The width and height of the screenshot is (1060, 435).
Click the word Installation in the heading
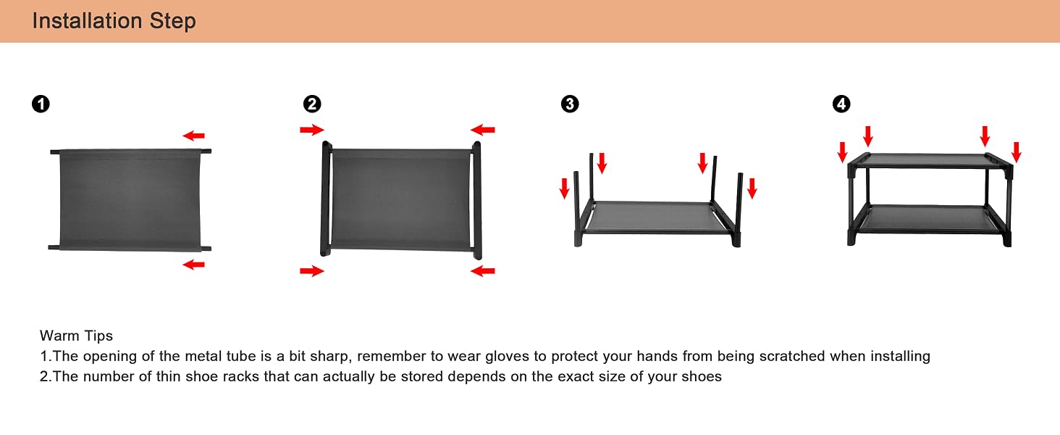tap(88, 21)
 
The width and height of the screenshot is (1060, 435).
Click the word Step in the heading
tap(173, 22)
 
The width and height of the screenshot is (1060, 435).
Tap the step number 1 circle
tap(41, 104)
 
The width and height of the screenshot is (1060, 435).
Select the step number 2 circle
tap(312, 104)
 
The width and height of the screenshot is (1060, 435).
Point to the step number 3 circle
tap(570, 104)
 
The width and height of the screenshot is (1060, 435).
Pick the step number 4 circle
tap(841, 104)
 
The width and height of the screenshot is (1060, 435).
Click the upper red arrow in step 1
tap(193, 136)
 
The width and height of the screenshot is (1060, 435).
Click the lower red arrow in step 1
tap(193, 265)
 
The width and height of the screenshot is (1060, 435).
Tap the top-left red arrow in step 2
tap(312, 129)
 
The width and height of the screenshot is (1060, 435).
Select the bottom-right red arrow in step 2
tap(483, 271)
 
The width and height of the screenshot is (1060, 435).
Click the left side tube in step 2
tap(326, 199)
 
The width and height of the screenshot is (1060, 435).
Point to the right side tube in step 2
tap(477, 200)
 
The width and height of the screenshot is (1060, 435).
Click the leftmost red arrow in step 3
tap(564, 188)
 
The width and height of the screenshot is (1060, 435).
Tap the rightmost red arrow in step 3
tap(752, 188)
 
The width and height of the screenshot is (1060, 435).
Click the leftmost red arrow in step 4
tap(842, 152)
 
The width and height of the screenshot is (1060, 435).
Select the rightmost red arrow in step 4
tap(1016, 152)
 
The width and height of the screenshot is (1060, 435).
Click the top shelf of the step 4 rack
tap(930, 160)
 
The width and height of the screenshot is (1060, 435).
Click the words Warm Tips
tap(76, 336)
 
